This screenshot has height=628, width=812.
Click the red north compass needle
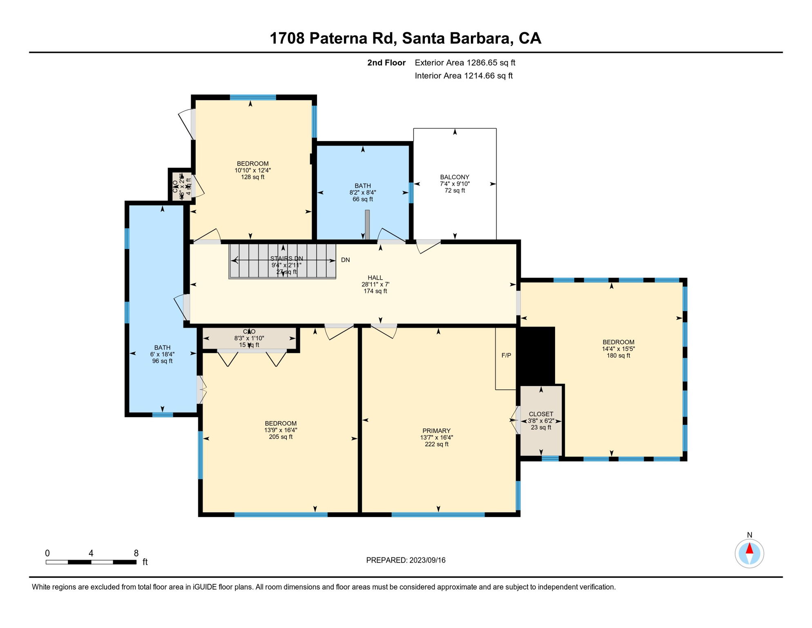point(749,548)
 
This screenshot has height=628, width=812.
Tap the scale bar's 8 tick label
point(136,553)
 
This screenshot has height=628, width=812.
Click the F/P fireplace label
point(506,355)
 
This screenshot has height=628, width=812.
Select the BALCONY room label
point(455,177)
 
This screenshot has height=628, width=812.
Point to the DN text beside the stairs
point(346,260)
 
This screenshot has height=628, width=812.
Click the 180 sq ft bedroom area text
point(618,356)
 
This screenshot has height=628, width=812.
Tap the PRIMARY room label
point(436,431)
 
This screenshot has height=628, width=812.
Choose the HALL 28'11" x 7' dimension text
point(375,285)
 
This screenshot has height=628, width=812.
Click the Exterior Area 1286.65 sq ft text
point(465,63)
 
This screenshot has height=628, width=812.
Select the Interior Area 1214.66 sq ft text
point(464,76)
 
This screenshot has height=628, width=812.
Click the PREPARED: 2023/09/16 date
point(406,560)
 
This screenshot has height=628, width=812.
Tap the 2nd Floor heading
point(386,63)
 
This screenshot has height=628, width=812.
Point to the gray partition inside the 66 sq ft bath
point(367,224)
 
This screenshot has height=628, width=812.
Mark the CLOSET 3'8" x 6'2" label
point(541,421)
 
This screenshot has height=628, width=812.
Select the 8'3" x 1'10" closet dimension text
point(249,338)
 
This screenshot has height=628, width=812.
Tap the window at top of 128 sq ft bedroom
point(253,97)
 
